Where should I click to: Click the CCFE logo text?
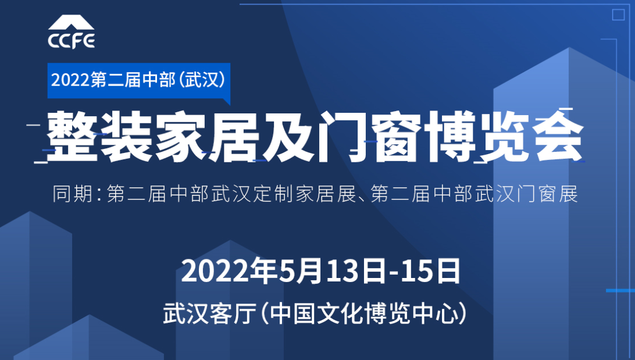72,41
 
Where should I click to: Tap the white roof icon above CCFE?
72,23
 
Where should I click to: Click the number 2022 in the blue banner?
70,80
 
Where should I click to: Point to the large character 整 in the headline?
72,136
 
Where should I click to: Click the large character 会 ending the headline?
559,137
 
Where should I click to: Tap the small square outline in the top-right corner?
618,15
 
